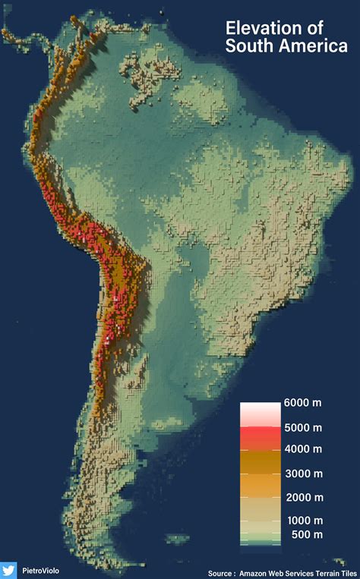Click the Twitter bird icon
tap(8, 569)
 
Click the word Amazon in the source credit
tap(256, 573)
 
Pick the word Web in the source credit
tap(280, 573)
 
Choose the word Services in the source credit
tap(302, 573)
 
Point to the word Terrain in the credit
tap(330, 573)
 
